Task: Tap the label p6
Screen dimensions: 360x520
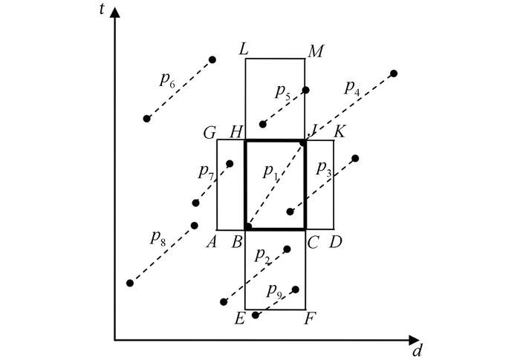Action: pos(169,82)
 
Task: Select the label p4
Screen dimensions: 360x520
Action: pos(352,88)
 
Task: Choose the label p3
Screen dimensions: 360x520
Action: pos(324,167)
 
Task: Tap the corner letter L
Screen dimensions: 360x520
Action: pos(243,50)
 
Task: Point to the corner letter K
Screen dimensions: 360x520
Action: pos(339,132)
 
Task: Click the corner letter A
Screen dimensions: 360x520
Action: pos(212,242)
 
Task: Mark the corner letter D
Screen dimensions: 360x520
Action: pos(338,242)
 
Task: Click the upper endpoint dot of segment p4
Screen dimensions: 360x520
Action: pos(394,73)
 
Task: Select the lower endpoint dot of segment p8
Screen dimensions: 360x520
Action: pos(130,283)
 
